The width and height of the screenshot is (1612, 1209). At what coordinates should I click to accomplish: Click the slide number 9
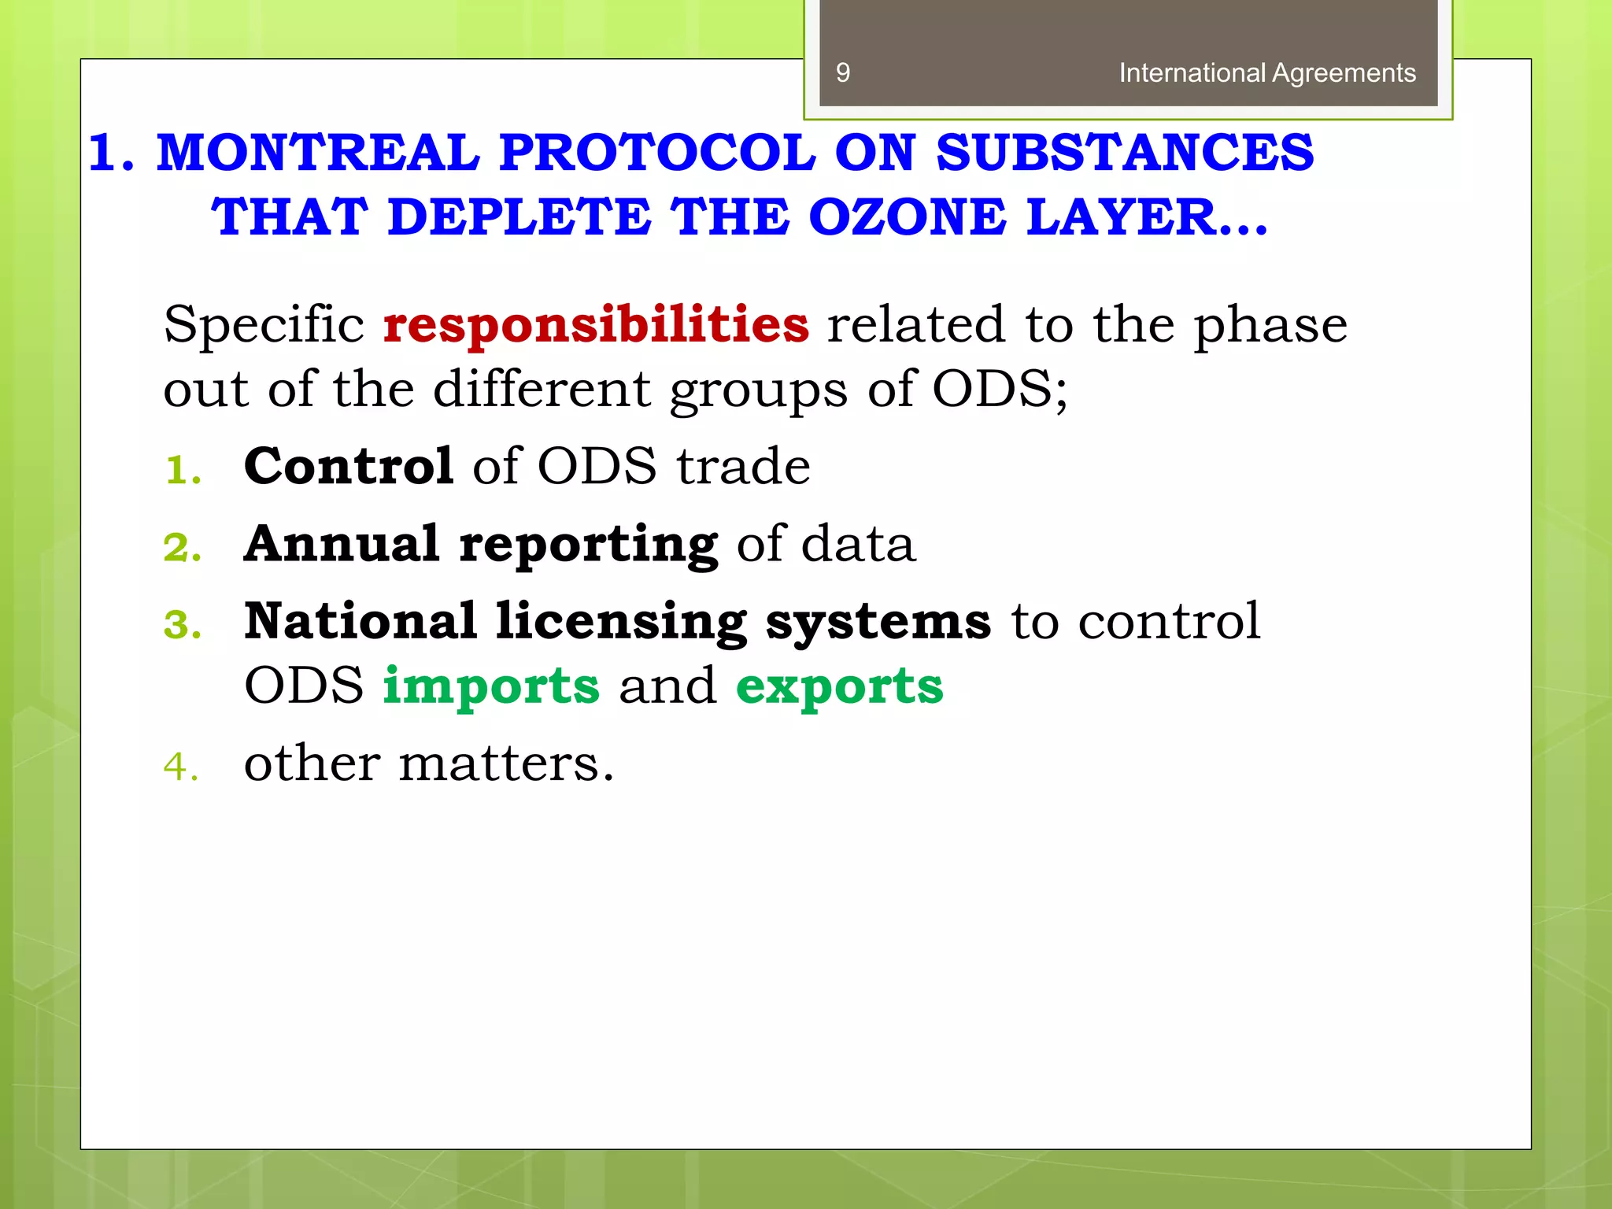coord(843,73)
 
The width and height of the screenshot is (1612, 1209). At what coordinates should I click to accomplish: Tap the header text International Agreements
coord(1266,73)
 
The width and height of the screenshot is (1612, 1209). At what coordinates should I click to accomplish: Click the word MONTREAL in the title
coord(318,152)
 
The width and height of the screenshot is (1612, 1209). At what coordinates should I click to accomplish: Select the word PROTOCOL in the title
coord(657,152)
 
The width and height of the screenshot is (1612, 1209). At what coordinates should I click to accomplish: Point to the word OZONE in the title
coord(907,216)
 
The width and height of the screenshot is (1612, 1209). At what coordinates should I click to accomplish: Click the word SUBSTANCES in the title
coord(1125,152)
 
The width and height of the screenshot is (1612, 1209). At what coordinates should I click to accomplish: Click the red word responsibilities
coord(596,324)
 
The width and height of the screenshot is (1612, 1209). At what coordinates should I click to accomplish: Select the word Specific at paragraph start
coord(264,324)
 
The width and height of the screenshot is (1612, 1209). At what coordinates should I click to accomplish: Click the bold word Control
coord(349,466)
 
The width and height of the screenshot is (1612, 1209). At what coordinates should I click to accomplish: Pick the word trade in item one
coord(744,466)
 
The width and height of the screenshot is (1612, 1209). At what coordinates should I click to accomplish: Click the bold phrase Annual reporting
coord(480,544)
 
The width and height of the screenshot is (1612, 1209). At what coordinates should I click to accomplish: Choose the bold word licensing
coord(621,622)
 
